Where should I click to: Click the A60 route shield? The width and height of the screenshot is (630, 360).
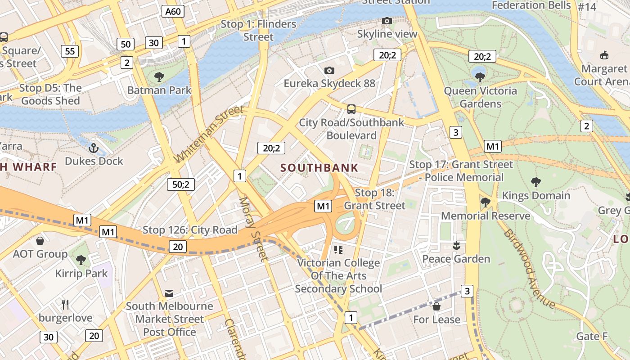pyautogui.click(x=173, y=11)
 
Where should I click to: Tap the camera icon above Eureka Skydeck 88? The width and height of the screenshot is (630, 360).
pyautogui.click(x=329, y=70)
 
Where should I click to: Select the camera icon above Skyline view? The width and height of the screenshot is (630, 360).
pyautogui.click(x=387, y=21)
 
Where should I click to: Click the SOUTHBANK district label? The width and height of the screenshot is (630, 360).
pyautogui.click(x=319, y=168)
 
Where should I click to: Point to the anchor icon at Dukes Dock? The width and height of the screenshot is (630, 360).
pyautogui.click(x=94, y=148)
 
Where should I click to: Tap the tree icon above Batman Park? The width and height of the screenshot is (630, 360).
pyautogui.click(x=159, y=77)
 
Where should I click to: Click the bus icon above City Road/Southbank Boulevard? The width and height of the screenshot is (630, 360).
pyautogui.click(x=351, y=109)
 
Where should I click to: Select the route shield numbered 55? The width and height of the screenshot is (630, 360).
pyautogui.click(x=70, y=51)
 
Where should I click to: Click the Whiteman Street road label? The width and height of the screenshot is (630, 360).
pyautogui.click(x=209, y=134)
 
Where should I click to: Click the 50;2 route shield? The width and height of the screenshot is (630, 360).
pyautogui.click(x=180, y=184)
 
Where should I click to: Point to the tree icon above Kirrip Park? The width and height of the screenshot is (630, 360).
pyautogui.click(x=81, y=260)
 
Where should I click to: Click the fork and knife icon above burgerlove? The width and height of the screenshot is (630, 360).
pyautogui.click(x=66, y=304)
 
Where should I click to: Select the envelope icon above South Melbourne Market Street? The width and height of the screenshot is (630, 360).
pyautogui.click(x=169, y=293)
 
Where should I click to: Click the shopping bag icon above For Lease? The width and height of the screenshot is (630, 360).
pyautogui.click(x=436, y=306)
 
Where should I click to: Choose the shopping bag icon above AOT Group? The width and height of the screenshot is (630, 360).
pyautogui.click(x=40, y=240)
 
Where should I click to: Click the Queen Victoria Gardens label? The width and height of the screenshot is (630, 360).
pyautogui.click(x=480, y=97)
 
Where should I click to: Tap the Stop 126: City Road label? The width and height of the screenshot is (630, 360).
pyautogui.click(x=190, y=230)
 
